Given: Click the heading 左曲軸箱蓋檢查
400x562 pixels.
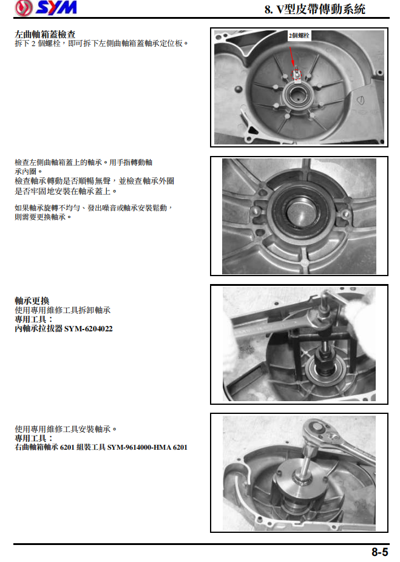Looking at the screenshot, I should click(45, 35).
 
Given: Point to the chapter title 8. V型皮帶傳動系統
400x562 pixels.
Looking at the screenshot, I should click(315, 10).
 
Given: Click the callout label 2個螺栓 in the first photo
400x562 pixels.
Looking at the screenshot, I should click(299, 36).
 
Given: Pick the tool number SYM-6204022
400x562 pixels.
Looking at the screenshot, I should click(88, 328).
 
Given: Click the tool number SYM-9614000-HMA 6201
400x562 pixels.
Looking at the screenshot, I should click(147, 447).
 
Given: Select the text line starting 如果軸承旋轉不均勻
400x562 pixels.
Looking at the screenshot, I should click(94, 208).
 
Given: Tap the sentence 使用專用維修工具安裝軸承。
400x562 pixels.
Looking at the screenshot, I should click(66, 428).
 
